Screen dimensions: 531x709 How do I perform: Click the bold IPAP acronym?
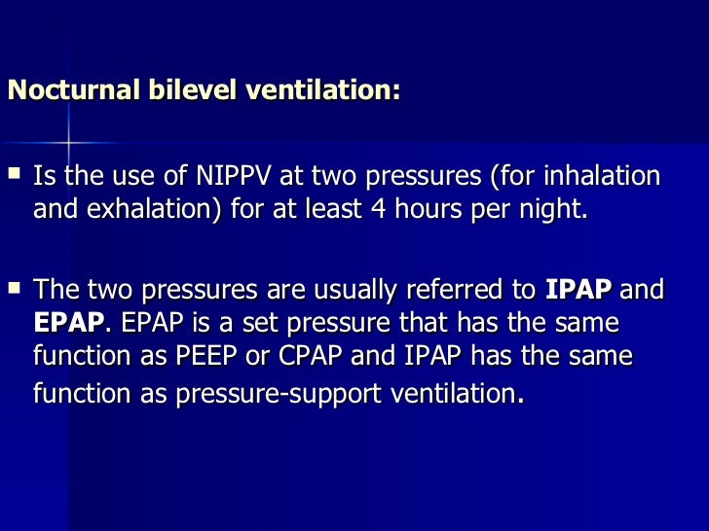578,290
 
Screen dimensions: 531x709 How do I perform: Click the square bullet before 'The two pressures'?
14,288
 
